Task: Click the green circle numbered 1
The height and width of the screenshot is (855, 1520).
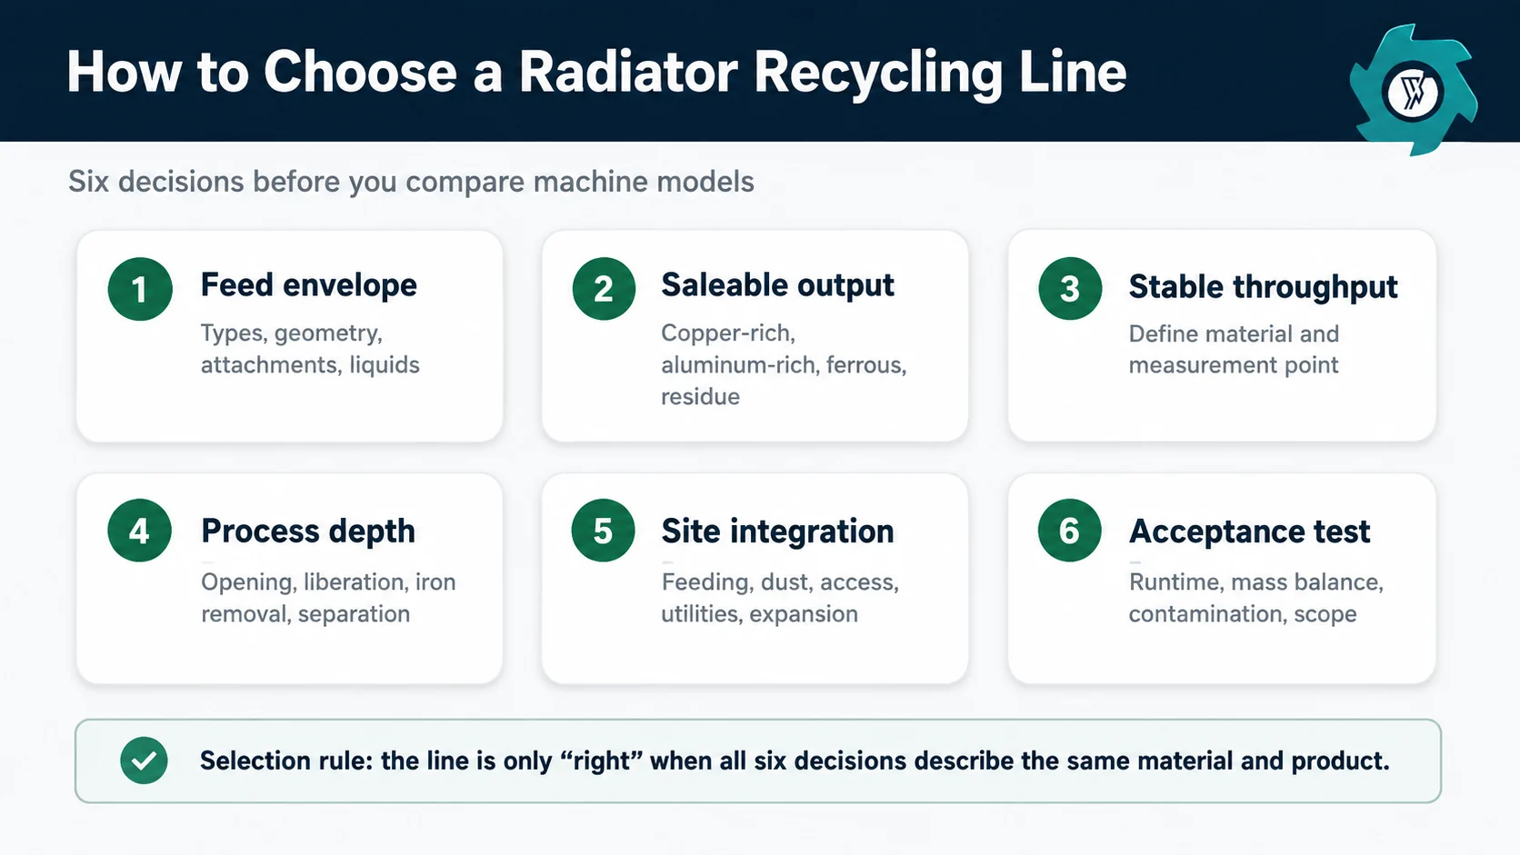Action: [140, 289]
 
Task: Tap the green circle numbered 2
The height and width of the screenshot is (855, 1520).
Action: [604, 289]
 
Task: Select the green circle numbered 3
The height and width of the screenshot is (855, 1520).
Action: [1070, 289]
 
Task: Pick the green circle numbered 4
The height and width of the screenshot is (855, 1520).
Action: [139, 531]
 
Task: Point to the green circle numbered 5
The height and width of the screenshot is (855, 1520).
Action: [603, 531]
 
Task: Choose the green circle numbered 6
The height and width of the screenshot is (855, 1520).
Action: [1069, 531]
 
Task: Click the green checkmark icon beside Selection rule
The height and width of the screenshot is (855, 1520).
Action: [144, 761]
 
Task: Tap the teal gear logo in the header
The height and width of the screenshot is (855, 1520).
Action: [1413, 91]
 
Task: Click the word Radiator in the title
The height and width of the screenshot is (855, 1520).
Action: [628, 72]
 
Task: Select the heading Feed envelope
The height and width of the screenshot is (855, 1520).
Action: [309, 284]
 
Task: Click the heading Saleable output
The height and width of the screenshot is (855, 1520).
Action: [777, 284]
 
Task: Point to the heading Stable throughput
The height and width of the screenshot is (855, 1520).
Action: [1263, 287]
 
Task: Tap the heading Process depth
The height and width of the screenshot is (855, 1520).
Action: [308, 531]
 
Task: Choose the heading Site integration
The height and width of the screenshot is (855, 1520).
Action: [777, 531]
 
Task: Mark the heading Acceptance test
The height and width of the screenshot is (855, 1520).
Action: [1249, 531]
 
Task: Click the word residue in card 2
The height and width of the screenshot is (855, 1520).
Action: [700, 397]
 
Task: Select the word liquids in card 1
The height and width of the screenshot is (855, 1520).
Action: [384, 364]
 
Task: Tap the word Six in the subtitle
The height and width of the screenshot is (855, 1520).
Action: [89, 182]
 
